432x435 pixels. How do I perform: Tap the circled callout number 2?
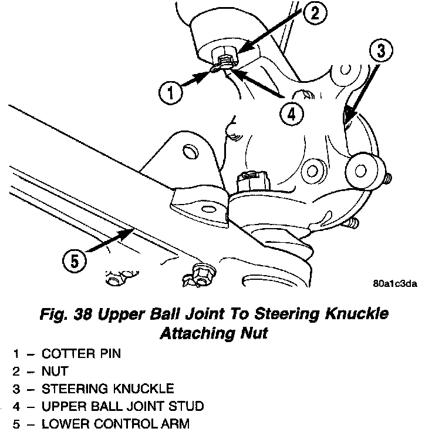[315, 14]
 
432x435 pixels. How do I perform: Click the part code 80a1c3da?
[394, 285]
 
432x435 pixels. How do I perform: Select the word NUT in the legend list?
[55, 372]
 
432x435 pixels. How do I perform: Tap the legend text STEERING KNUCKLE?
[107, 389]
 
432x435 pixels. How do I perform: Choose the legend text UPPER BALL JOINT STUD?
[123, 406]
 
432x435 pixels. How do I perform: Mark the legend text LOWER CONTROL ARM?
[116, 423]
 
